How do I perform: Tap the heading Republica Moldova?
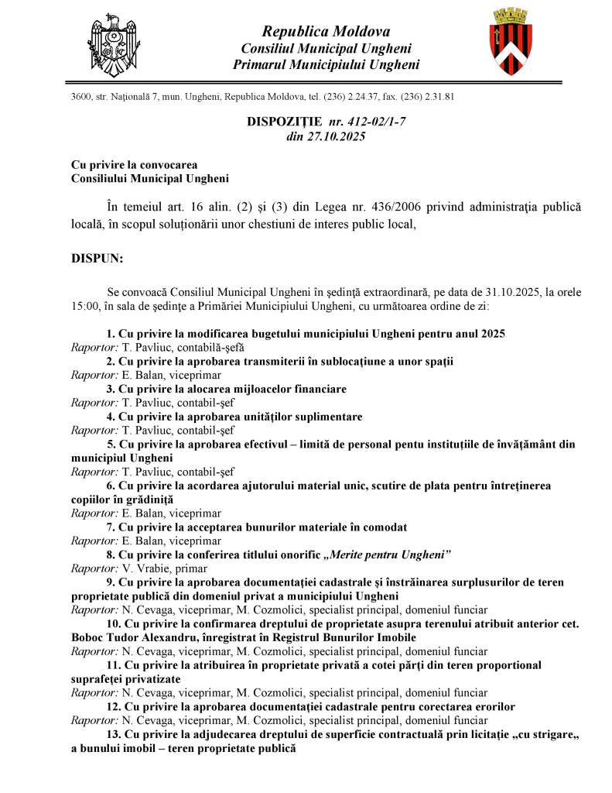pos(326,32)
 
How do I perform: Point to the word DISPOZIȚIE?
pos(284,122)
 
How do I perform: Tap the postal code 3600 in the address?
pos(80,97)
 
